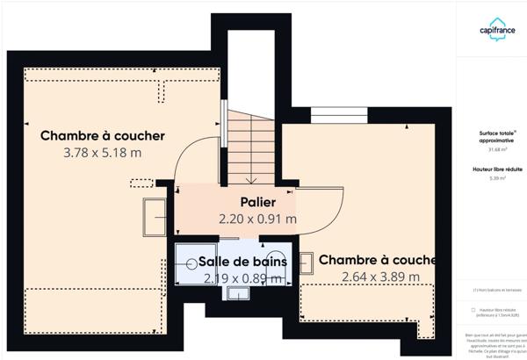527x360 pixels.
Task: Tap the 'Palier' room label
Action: pyautogui.click(x=257, y=202)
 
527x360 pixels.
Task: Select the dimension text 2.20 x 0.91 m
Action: pyautogui.click(x=257, y=219)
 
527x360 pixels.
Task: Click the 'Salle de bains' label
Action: pyautogui.click(x=242, y=262)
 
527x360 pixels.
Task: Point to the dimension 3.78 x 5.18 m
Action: pyautogui.click(x=103, y=152)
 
